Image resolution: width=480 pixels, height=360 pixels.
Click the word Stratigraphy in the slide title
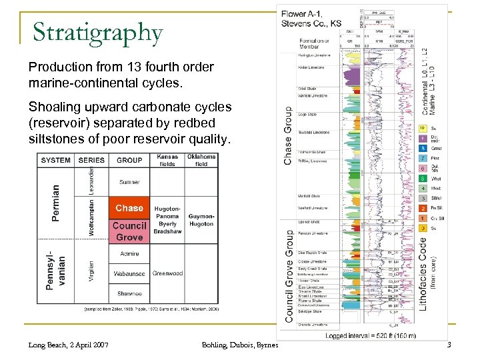tap(97, 32)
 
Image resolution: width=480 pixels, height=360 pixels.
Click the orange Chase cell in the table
tap(129, 208)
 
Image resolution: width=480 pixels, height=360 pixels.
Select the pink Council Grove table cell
tap(129, 231)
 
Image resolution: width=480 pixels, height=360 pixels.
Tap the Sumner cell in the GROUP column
tap(129, 181)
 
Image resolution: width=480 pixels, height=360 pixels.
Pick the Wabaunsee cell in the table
tap(129, 273)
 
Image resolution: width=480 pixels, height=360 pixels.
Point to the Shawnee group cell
tap(129, 293)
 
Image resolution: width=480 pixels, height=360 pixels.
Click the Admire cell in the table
tap(129, 253)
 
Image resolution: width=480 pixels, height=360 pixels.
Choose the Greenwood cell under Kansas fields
tap(167, 273)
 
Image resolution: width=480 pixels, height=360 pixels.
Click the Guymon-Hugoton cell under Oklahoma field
tap(201, 220)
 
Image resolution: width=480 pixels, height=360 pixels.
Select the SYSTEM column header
tap(56, 160)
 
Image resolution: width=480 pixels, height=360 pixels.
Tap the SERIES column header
tap(91, 160)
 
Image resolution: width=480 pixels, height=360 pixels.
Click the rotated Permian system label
tap(56, 203)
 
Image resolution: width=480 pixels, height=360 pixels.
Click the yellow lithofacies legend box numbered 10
tap(423, 128)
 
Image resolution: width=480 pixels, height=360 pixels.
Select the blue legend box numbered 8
tap(423, 148)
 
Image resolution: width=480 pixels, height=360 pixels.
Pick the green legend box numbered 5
tap(423, 178)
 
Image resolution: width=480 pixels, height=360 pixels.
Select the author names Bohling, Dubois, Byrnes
tap(239, 344)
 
